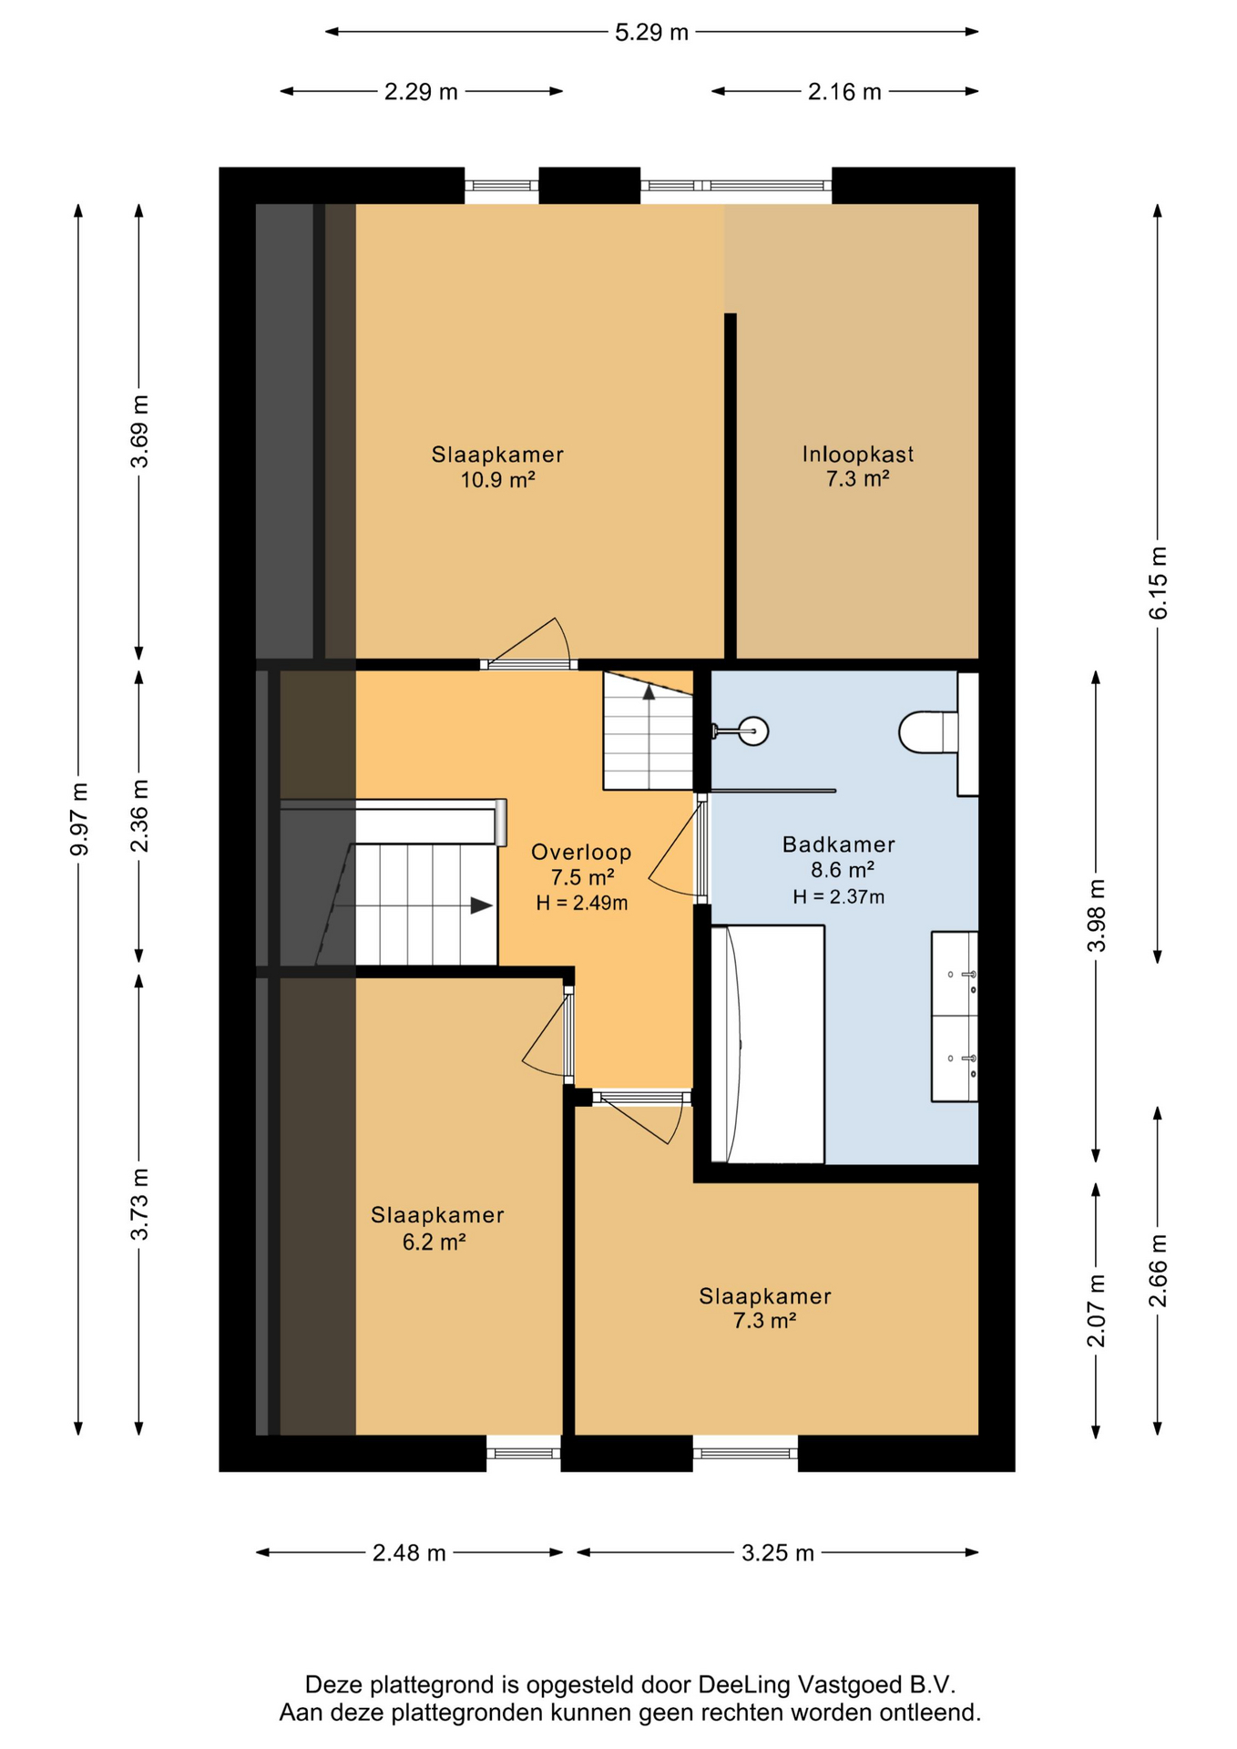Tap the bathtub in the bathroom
[x=767, y=1044]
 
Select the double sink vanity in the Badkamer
[x=954, y=1016]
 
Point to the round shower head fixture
[x=753, y=730]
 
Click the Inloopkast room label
[x=857, y=454]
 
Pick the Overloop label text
[x=581, y=852]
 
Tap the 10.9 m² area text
[x=497, y=479]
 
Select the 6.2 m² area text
[x=434, y=1242]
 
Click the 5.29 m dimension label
[x=652, y=33]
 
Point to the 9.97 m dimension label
[x=79, y=819]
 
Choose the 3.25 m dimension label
[x=777, y=1553]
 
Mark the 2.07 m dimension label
[x=1096, y=1310]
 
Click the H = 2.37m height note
[x=838, y=896]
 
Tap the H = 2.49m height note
[x=581, y=903]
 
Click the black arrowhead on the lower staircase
[x=481, y=905]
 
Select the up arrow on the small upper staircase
[x=649, y=692]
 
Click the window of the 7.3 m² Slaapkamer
[x=745, y=1452]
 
